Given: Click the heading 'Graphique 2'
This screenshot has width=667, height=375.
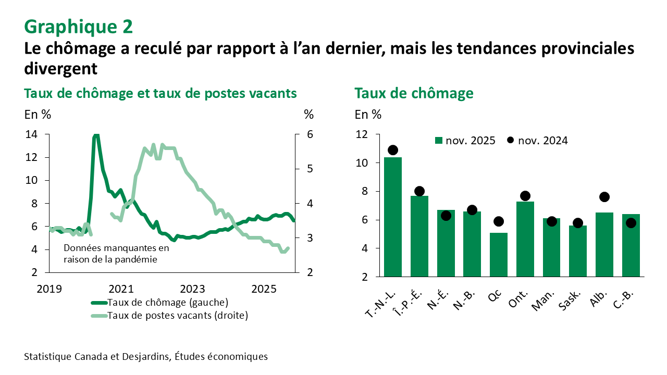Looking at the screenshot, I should [78, 26].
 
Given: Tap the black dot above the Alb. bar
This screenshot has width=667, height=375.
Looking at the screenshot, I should [604, 197].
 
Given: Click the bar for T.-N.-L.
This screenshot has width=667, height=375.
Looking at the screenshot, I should [393, 216].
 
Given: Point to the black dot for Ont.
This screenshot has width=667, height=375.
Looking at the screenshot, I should [525, 196].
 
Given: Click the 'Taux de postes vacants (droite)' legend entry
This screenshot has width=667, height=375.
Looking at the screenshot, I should [169, 315].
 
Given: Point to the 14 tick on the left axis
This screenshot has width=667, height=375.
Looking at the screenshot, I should [31, 134].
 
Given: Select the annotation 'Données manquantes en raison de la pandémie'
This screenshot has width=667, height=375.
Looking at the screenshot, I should [116, 253].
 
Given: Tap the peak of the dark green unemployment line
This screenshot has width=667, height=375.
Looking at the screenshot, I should [96, 135].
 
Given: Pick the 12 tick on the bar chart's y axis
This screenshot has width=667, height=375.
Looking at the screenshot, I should [361, 134].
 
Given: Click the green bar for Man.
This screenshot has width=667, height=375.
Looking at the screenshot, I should [552, 247].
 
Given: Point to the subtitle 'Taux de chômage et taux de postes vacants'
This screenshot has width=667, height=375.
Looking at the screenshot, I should [160, 93].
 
